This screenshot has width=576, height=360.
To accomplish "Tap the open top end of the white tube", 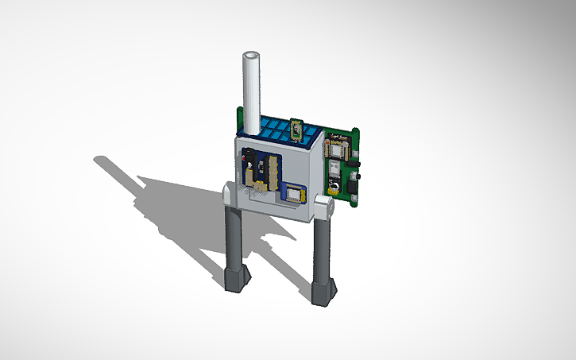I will click(252, 57).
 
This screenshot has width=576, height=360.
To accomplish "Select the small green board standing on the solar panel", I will click(297, 128).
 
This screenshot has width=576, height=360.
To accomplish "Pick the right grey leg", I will click(323, 254).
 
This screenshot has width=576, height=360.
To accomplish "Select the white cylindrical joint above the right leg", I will click(323, 208).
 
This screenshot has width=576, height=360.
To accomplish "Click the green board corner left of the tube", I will click(238, 118).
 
